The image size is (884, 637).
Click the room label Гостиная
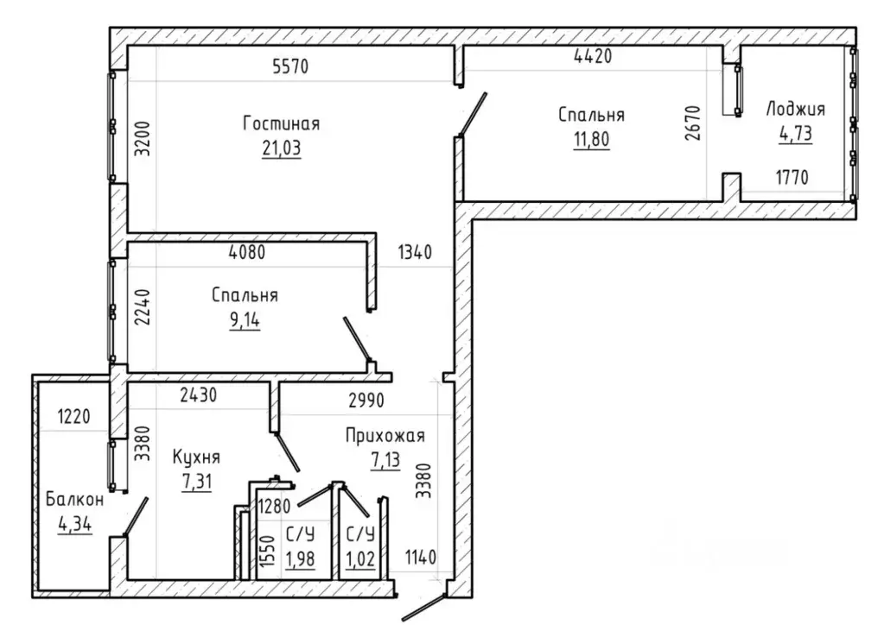coord(282,123)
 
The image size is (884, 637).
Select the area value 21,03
coord(282,148)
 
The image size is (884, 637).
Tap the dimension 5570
coord(290,66)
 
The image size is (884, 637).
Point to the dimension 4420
coord(593,56)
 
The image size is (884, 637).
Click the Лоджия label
coord(795,109)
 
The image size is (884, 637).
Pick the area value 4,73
coord(796,134)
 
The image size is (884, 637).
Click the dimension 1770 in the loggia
coord(792,178)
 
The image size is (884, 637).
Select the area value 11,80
coord(591,139)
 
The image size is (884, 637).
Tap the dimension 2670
coord(692,123)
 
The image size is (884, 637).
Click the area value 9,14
coord(245,320)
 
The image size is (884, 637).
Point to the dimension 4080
coord(247,252)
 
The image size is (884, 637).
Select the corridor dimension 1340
coord(415,252)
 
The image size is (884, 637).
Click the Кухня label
coord(196,457)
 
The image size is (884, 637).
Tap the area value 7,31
coord(197,482)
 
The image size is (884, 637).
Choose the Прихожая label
coord(385,435)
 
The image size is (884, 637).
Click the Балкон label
coord(74,500)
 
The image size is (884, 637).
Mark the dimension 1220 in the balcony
coord(73,417)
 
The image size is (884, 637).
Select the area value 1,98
coord(300,559)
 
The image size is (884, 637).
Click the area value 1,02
coord(360,559)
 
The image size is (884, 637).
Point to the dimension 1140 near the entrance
coord(421,558)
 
